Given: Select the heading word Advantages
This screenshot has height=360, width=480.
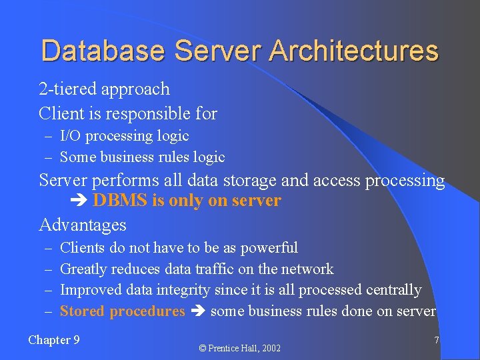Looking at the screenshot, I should (83, 225).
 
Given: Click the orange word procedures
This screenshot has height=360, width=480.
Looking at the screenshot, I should (147, 311).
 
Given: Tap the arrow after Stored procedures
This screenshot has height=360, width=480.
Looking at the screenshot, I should (197, 312).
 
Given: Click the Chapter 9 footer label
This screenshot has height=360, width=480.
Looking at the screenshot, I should (54, 340).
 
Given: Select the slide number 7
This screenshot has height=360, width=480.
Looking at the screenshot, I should (437, 340).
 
